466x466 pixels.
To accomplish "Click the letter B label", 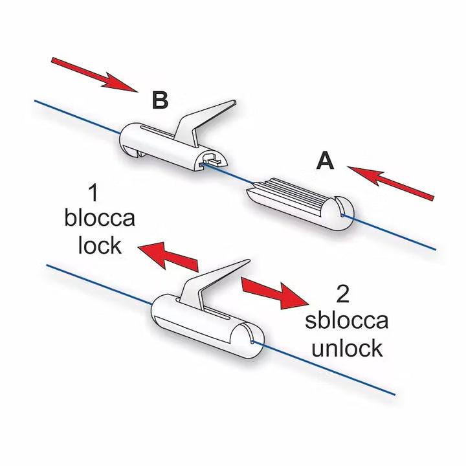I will pyautogui.click(x=160, y=100).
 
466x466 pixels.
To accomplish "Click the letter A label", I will pyautogui.click(x=325, y=161).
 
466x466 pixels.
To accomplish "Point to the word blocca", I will pyautogui.click(x=100, y=218).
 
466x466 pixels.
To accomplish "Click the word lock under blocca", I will pyautogui.click(x=99, y=245).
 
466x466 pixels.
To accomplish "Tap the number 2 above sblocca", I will pyautogui.click(x=344, y=295).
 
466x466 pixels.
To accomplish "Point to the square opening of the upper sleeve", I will pyautogui.click(x=211, y=159).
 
